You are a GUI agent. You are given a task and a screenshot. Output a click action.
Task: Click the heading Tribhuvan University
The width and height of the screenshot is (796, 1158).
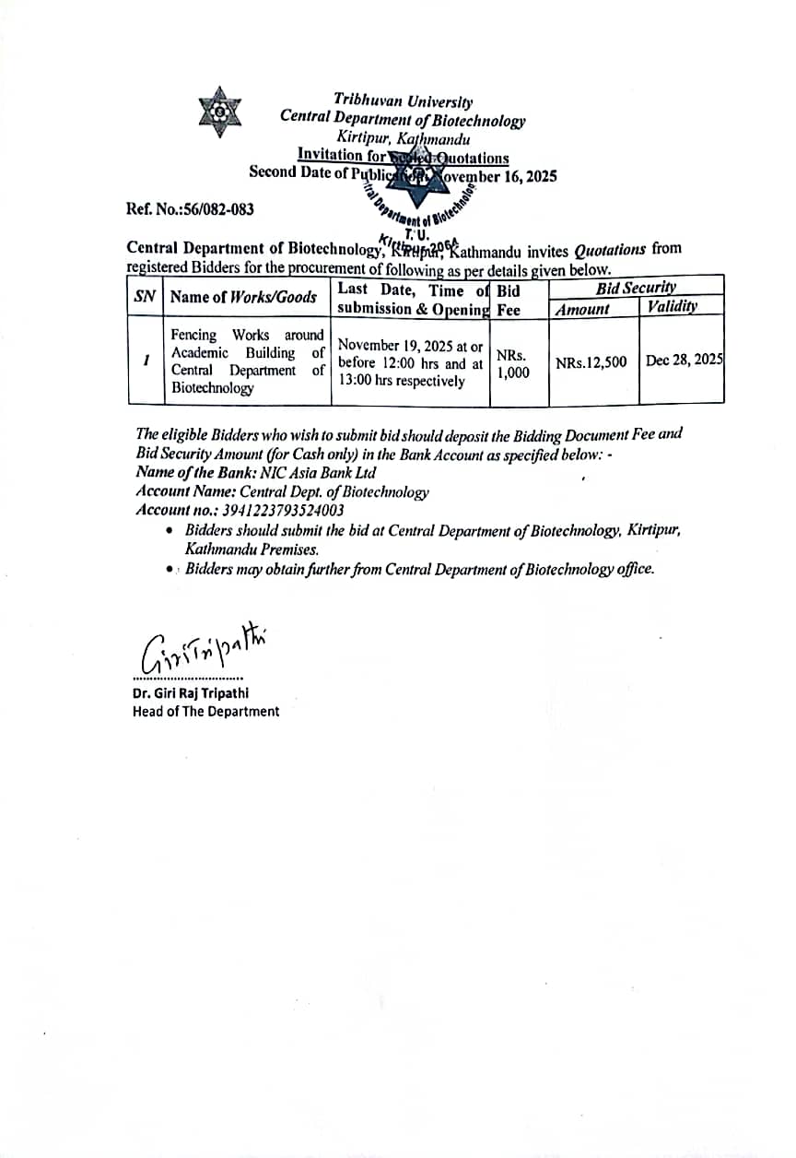(404, 102)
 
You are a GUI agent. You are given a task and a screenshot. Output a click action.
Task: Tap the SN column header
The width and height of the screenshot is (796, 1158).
(145, 297)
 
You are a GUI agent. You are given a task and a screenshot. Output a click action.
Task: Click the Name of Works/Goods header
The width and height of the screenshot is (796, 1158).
(244, 297)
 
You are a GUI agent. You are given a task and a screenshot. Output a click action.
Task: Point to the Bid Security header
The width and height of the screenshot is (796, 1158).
(636, 287)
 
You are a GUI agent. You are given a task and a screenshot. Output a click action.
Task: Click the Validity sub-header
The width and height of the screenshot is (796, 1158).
(672, 307)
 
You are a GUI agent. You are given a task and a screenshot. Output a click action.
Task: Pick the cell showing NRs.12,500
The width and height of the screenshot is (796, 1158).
(591, 362)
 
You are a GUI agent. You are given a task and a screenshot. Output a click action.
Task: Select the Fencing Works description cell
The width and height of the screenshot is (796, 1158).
(247, 361)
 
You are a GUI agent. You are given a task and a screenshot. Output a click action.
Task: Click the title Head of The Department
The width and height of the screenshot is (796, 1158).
(205, 711)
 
